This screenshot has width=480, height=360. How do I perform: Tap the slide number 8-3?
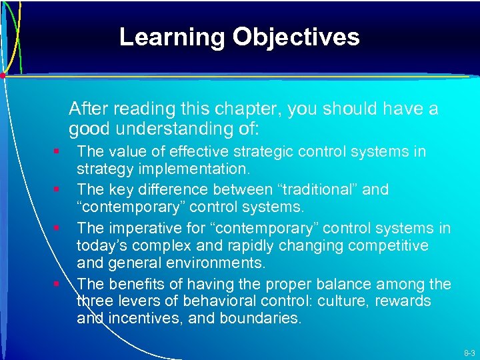point(469,353)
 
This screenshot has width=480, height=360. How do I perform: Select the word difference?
point(166,189)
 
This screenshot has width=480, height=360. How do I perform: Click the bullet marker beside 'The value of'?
point(59,152)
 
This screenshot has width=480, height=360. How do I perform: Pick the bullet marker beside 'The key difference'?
point(59,190)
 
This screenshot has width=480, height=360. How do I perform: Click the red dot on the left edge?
point(3,75)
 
